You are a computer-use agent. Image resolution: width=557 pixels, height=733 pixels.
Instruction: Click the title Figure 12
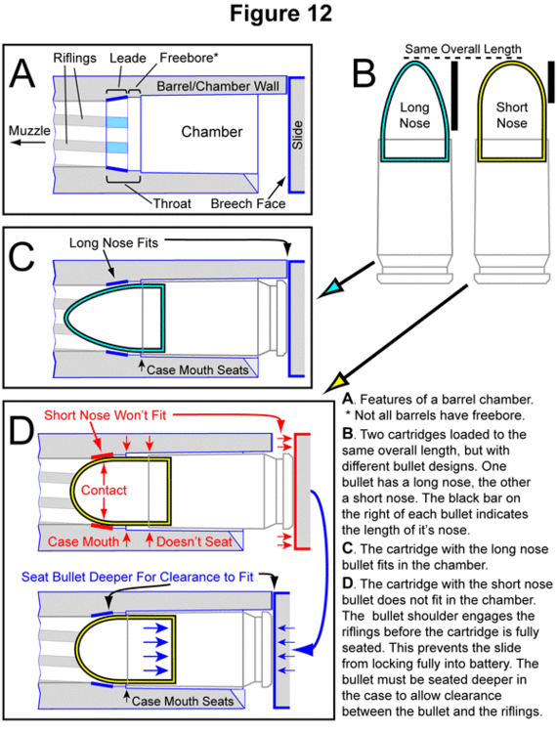pyautogui.click(x=280, y=14)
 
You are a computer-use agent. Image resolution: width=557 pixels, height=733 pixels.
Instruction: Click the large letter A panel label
pyautogui.click(x=21, y=73)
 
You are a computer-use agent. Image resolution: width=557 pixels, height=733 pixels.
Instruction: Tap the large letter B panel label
pyautogui.click(x=364, y=73)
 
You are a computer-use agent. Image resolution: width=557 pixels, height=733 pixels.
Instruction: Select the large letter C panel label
pyautogui.click(x=21, y=256)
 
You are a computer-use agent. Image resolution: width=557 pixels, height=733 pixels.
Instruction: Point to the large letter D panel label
pyautogui.click(x=21, y=430)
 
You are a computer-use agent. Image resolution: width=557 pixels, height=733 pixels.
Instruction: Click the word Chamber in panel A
pyautogui.click(x=212, y=132)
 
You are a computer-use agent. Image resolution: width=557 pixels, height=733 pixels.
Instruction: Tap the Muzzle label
pyautogui.click(x=29, y=130)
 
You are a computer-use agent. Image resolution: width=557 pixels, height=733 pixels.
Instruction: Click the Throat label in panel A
pyautogui.click(x=172, y=204)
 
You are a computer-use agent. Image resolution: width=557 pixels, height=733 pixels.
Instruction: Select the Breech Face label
pyautogui.click(x=248, y=204)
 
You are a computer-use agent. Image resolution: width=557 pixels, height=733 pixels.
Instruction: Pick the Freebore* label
pyautogui.click(x=189, y=58)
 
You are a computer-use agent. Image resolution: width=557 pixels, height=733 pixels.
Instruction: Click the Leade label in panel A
pyautogui.click(x=128, y=58)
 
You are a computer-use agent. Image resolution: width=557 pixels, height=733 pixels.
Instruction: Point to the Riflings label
pyautogui.click(x=75, y=58)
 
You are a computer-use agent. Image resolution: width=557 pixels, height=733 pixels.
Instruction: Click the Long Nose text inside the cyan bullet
pyautogui.click(x=414, y=115)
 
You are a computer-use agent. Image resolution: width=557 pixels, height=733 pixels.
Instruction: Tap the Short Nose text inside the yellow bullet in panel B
pyautogui.click(x=512, y=115)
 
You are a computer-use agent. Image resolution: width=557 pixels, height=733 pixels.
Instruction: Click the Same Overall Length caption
pyautogui.click(x=462, y=49)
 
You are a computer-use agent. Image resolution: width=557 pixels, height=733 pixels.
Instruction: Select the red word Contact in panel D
pyautogui.click(x=104, y=490)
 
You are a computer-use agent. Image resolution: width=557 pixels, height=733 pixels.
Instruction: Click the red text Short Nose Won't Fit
pyautogui.click(x=106, y=415)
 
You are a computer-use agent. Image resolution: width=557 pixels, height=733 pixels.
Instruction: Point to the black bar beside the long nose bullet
pyautogui.click(x=454, y=97)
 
